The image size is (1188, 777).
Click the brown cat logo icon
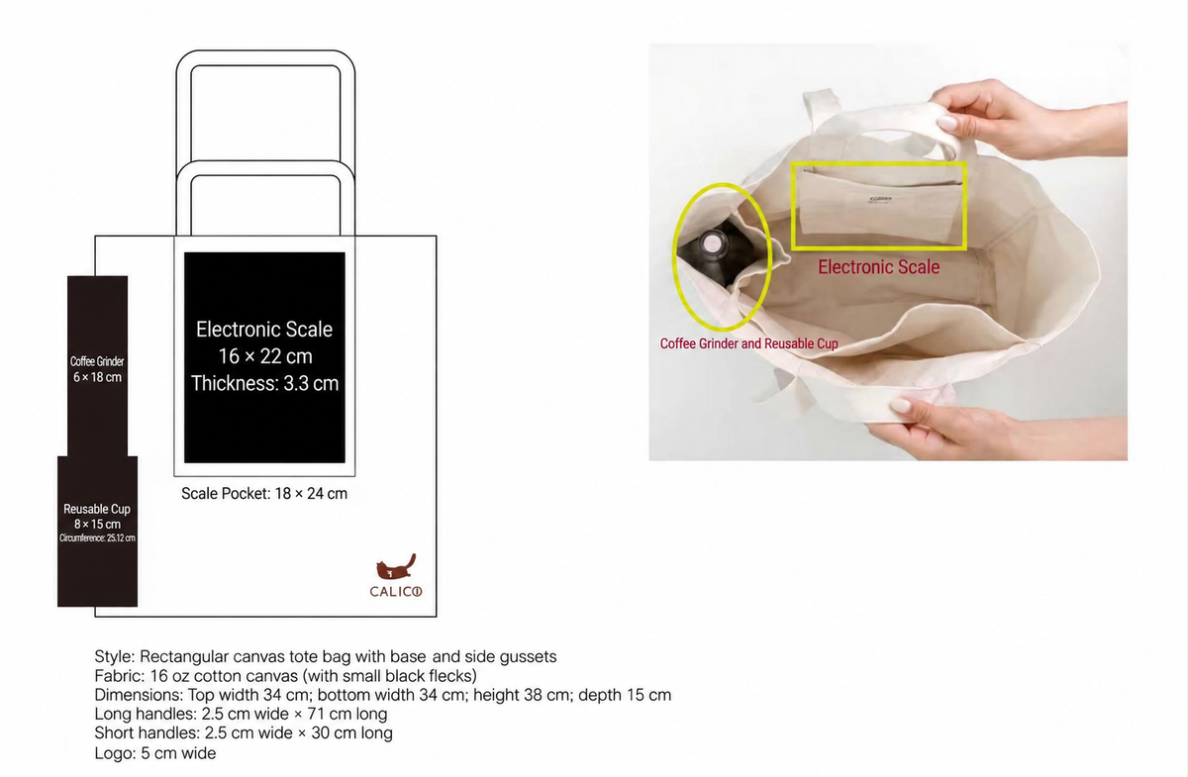(396, 567)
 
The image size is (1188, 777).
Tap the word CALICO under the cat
(396, 591)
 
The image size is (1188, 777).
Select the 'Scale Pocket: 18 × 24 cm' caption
(264, 493)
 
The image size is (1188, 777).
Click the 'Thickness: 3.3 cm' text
(264, 383)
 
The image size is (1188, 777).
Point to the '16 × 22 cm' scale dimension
(265, 356)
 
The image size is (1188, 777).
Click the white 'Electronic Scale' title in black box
(264, 330)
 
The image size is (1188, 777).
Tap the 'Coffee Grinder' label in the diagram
(97, 361)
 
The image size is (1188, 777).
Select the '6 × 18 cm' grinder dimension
(97, 377)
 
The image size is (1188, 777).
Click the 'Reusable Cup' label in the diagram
(97, 509)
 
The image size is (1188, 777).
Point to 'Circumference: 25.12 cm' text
(97, 538)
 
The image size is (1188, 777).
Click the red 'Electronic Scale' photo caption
(879, 267)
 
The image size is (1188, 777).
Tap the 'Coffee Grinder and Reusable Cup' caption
(748, 343)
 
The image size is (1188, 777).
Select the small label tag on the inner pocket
(880, 200)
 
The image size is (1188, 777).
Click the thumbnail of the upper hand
(946, 123)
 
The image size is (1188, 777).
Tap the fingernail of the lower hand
(901, 406)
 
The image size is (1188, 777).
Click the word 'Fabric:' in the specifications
(120, 676)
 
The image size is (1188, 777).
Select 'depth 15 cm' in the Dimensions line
(625, 695)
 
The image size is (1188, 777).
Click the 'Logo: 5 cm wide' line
(155, 753)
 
